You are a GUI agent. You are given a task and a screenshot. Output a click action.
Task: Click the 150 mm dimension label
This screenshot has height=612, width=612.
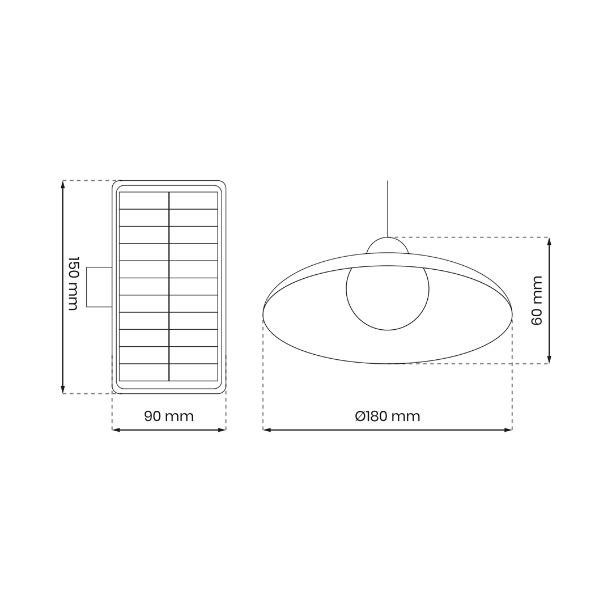73,283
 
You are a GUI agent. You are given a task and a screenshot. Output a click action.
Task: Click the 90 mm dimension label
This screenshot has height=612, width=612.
169,416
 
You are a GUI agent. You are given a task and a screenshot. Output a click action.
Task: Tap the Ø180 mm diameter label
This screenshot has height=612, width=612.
388,416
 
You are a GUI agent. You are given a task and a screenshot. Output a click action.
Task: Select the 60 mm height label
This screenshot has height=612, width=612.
537,300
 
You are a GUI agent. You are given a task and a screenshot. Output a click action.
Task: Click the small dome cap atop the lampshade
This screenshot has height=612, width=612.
388,245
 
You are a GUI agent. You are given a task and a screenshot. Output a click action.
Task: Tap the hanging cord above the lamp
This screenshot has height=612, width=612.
388,209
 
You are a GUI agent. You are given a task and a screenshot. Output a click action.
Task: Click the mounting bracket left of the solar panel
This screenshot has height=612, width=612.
99,287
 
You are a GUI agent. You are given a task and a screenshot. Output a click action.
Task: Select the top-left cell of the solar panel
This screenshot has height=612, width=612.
144,200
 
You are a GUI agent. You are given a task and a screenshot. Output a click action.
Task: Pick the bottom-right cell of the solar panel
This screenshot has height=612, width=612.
194,372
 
